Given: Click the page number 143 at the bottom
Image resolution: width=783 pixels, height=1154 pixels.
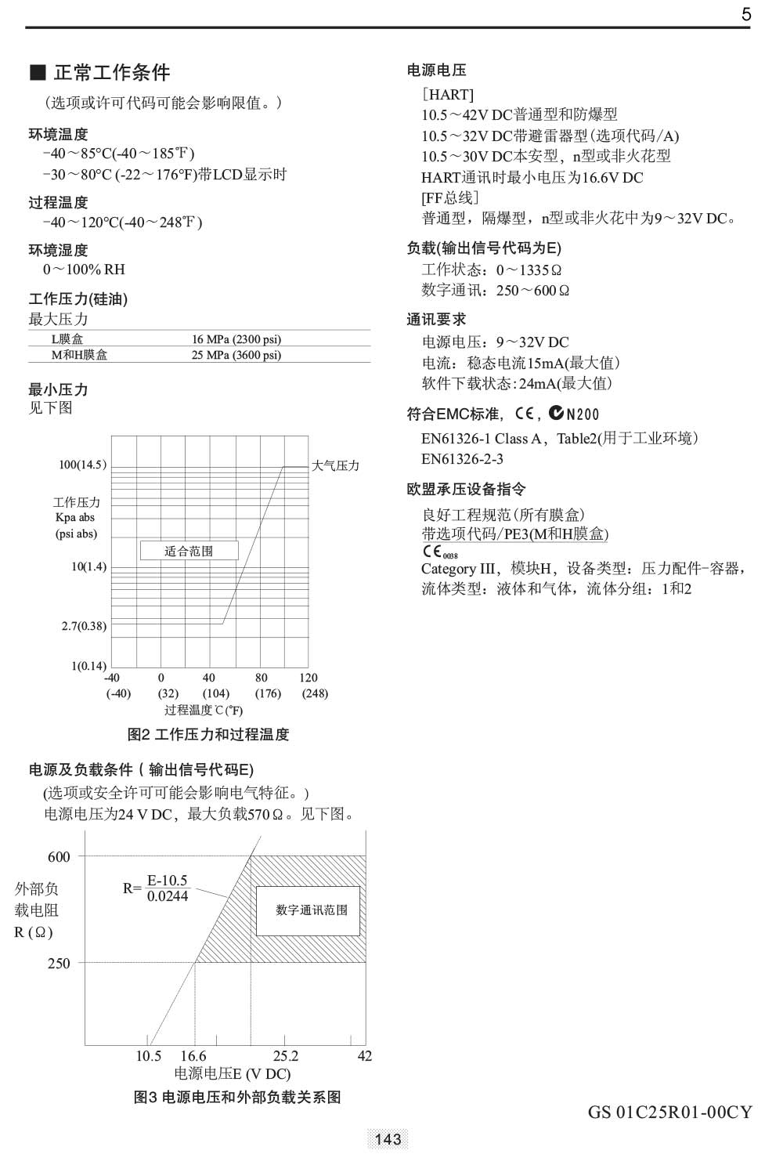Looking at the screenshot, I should [388, 1138].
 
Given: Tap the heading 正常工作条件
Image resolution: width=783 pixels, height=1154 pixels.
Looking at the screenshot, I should [111, 73].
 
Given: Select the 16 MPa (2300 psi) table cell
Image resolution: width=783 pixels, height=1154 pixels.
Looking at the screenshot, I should [236, 339].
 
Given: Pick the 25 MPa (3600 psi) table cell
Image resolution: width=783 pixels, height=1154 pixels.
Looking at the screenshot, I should [236, 355].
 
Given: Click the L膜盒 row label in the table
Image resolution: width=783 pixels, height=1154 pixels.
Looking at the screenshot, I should [67, 339].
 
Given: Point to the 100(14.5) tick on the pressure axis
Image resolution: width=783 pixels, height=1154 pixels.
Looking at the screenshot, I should [82, 465].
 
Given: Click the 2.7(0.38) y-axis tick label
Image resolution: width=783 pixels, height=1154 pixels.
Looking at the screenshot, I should [84, 626].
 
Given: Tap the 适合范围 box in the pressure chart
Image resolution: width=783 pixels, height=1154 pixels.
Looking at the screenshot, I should [188, 551].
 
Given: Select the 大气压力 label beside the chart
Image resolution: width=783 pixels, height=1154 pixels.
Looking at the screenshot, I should [335, 465].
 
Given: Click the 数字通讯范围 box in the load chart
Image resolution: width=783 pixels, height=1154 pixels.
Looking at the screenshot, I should [312, 910].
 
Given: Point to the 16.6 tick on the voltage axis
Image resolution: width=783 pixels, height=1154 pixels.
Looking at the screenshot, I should [193, 1056].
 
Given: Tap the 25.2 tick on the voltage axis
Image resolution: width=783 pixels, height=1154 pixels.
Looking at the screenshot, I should [286, 1056].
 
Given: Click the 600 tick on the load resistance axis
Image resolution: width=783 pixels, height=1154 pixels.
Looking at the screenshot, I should [59, 857].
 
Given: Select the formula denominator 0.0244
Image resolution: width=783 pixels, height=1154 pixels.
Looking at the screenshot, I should [168, 896].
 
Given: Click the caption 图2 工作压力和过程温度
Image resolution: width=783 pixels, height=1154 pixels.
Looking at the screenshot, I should [208, 735].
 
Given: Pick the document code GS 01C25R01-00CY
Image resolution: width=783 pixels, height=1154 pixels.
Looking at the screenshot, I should [669, 1112].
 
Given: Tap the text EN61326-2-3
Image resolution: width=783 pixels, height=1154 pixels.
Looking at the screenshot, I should [462, 459].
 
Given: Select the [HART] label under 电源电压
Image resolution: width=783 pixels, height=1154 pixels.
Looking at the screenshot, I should [448, 95].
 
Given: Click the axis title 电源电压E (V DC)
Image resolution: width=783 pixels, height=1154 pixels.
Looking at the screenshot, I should [232, 1074].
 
